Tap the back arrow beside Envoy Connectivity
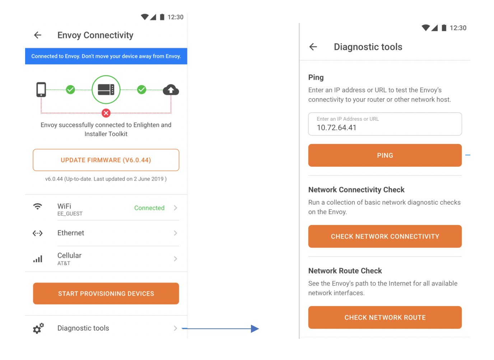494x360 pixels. pos(38,35)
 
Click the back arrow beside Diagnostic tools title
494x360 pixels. pos(313,47)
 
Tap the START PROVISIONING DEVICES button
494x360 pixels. pos(106,294)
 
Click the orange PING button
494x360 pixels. pos(385,155)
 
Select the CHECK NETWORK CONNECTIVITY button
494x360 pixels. pos(385,236)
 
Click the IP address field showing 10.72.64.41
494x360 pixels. pos(385,124)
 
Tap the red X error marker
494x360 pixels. pos(106,113)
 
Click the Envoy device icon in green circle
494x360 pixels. pos(106,89)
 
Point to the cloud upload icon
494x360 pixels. pos(171,90)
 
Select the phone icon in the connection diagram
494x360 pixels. pos(41,89)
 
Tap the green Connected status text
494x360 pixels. pos(149,208)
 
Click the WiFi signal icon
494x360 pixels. pos(38,207)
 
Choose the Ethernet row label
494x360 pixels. pos(71,233)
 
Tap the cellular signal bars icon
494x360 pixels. pos(38,259)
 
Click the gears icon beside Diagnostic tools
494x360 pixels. pos(38,328)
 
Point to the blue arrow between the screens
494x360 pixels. pos(221,328)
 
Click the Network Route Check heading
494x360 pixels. pos(345,271)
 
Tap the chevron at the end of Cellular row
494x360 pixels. pos(175,259)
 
